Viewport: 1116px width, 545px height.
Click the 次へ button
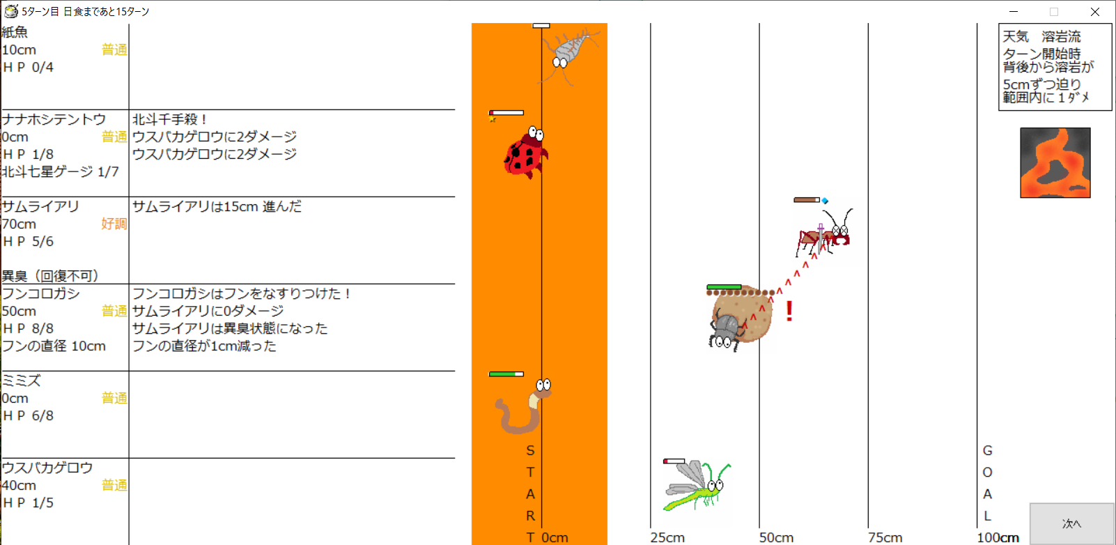[1071, 523]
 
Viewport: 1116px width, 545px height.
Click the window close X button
[1094, 11]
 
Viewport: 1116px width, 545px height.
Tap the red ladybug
[526, 152]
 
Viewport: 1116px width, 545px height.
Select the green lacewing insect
[697, 486]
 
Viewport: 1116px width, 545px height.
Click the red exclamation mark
[789, 311]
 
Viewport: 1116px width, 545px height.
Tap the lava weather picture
[1055, 162]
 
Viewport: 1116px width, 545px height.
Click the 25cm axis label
[667, 537]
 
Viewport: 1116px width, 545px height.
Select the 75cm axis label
[885, 537]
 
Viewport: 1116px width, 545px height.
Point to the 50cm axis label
[776, 537]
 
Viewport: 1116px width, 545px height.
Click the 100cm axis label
[998, 537]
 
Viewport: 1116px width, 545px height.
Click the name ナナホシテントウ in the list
[54, 119]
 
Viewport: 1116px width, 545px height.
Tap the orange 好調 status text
[114, 224]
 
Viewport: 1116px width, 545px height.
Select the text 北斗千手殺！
[170, 119]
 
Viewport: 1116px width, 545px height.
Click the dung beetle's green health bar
[724, 287]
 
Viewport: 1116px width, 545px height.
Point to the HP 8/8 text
[29, 328]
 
